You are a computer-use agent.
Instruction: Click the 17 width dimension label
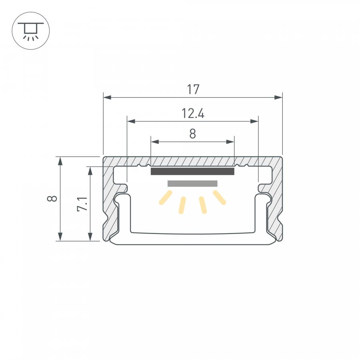tap(193, 90)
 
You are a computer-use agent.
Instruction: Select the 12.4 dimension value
tap(193, 114)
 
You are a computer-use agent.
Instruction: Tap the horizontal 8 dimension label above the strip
tap(193, 134)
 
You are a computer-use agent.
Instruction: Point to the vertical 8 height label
tap(52, 198)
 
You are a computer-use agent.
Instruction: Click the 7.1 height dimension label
tap(82, 204)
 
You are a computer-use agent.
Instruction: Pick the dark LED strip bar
tap(192, 171)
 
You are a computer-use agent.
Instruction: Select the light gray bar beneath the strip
tap(192, 184)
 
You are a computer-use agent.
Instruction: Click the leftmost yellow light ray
tap(166, 198)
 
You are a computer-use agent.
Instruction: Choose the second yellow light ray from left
tap(182, 205)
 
